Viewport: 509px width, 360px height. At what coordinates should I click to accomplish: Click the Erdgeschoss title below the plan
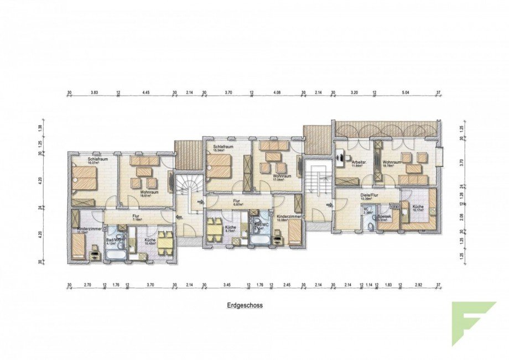pos(244,305)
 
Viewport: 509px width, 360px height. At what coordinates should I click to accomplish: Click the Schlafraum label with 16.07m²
pos(96,161)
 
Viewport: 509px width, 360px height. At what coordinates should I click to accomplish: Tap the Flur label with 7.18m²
pos(134,217)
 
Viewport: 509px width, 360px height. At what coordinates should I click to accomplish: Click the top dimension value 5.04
pos(407,92)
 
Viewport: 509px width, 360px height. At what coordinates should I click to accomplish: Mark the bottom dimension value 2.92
pos(418,285)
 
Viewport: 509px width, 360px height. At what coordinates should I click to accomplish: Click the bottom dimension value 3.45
pos(227,285)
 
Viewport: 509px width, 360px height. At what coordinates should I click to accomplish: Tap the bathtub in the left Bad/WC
pos(116,255)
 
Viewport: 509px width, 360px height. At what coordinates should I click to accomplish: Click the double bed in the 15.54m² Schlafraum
pos(218,166)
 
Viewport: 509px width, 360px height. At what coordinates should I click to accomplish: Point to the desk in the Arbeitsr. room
pos(340,160)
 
